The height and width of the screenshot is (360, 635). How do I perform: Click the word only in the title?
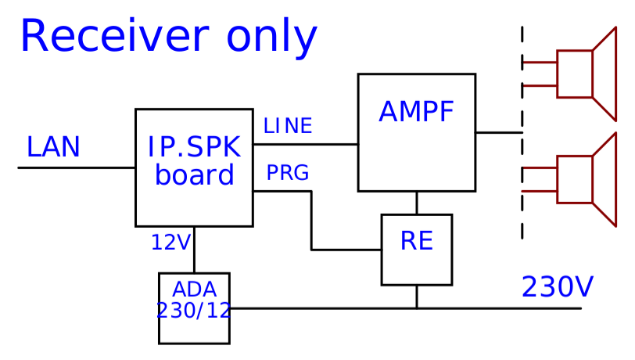(x=272, y=38)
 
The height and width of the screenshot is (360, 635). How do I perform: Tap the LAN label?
(x=53, y=147)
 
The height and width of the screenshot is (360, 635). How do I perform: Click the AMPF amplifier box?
(x=416, y=157)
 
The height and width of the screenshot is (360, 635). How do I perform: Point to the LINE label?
(x=288, y=126)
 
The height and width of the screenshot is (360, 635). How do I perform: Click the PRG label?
(x=288, y=173)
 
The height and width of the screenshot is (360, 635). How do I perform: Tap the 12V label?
(x=170, y=243)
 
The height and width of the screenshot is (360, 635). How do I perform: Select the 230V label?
(x=558, y=288)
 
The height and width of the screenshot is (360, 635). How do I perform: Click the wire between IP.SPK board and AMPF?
(x=305, y=144)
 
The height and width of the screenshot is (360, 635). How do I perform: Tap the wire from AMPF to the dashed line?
(x=498, y=132)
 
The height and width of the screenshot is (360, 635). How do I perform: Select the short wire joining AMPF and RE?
(x=417, y=203)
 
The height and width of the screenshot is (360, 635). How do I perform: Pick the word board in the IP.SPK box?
(x=195, y=175)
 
